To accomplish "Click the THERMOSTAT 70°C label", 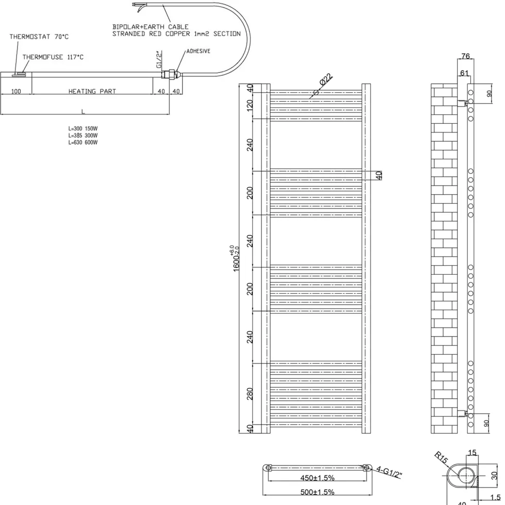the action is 39,37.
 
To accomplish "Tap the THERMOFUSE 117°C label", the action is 53,57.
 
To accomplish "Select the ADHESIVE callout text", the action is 198,51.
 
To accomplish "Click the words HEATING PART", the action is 92,91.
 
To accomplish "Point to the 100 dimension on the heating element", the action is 16,91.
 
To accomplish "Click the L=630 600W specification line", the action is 83,142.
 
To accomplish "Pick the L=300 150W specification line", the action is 83,128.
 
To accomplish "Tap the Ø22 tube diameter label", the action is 326,79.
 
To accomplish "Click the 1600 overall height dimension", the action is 236,258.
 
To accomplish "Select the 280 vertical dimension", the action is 249,394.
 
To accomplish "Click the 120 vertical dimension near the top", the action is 249,105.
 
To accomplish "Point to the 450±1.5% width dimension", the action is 317,478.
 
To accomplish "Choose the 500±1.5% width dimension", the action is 317,492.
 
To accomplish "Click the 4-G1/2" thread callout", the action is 390,472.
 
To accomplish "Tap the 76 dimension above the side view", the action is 465,56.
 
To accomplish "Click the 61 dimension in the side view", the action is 464,73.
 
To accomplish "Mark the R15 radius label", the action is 441,458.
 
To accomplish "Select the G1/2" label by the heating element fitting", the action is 159,59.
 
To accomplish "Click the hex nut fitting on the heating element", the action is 171,75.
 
